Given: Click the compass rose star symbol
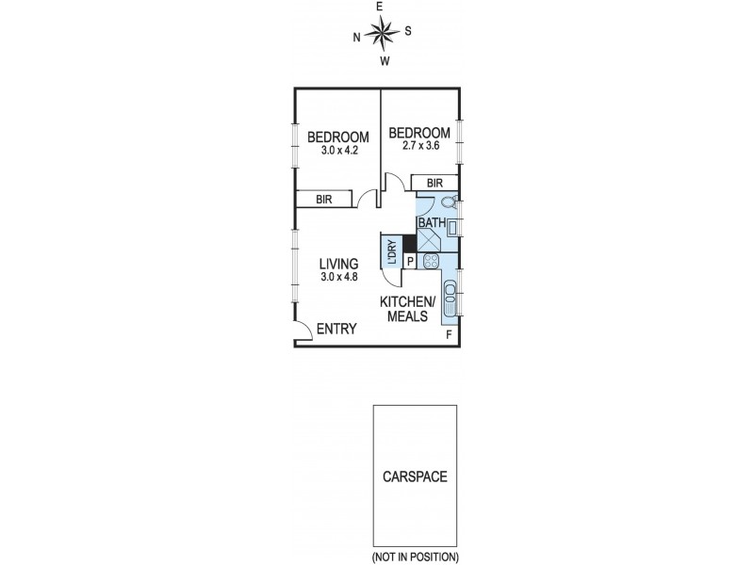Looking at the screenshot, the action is (x=383, y=33).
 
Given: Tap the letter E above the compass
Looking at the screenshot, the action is (x=379, y=7).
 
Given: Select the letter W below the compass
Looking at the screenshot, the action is (x=385, y=61).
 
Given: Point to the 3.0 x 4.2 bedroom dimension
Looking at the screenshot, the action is (x=338, y=151).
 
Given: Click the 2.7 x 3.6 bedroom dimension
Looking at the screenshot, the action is (x=420, y=145).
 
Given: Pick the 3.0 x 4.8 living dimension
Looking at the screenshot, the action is (x=339, y=277).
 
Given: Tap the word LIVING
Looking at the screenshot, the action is (x=339, y=264).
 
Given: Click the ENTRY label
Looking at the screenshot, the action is (x=336, y=329).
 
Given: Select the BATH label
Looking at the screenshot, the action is (x=432, y=223).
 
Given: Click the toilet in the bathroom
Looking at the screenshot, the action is (x=450, y=202).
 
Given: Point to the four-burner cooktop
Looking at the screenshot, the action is (x=431, y=261).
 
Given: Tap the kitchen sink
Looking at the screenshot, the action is (x=451, y=298).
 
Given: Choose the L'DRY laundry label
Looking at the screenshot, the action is (x=392, y=252).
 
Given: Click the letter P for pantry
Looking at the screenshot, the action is (x=410, y=262).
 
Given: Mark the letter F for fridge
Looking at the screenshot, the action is (x=450, y=334).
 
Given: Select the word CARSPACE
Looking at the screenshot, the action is (x=415, y=476).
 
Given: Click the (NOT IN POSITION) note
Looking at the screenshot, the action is (x=415, y=557).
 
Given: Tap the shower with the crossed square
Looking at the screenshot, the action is (x=428, y=241).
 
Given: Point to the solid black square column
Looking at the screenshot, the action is (x=410, y=243).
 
